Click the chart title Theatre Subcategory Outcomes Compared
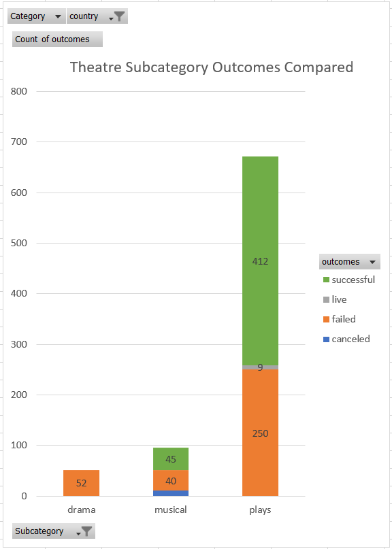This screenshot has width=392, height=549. [212, 67]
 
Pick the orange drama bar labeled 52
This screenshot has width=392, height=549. [81, 483]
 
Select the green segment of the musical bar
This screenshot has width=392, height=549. [171, 459]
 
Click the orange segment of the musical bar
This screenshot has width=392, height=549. [171, 480]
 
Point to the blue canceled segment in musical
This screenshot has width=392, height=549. [171, 493]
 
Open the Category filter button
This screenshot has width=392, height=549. [37, 16]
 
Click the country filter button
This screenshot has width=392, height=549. [97, 16]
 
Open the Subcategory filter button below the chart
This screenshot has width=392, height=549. [54, 531]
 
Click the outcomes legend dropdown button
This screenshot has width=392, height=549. [350, 262]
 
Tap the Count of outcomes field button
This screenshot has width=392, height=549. [57, 39]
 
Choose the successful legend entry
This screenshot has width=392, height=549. [349, 280]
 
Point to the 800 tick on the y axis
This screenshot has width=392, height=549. [19, 91]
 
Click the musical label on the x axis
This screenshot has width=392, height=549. [171, 510]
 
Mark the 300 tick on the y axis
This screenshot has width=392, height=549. [19, 344]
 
